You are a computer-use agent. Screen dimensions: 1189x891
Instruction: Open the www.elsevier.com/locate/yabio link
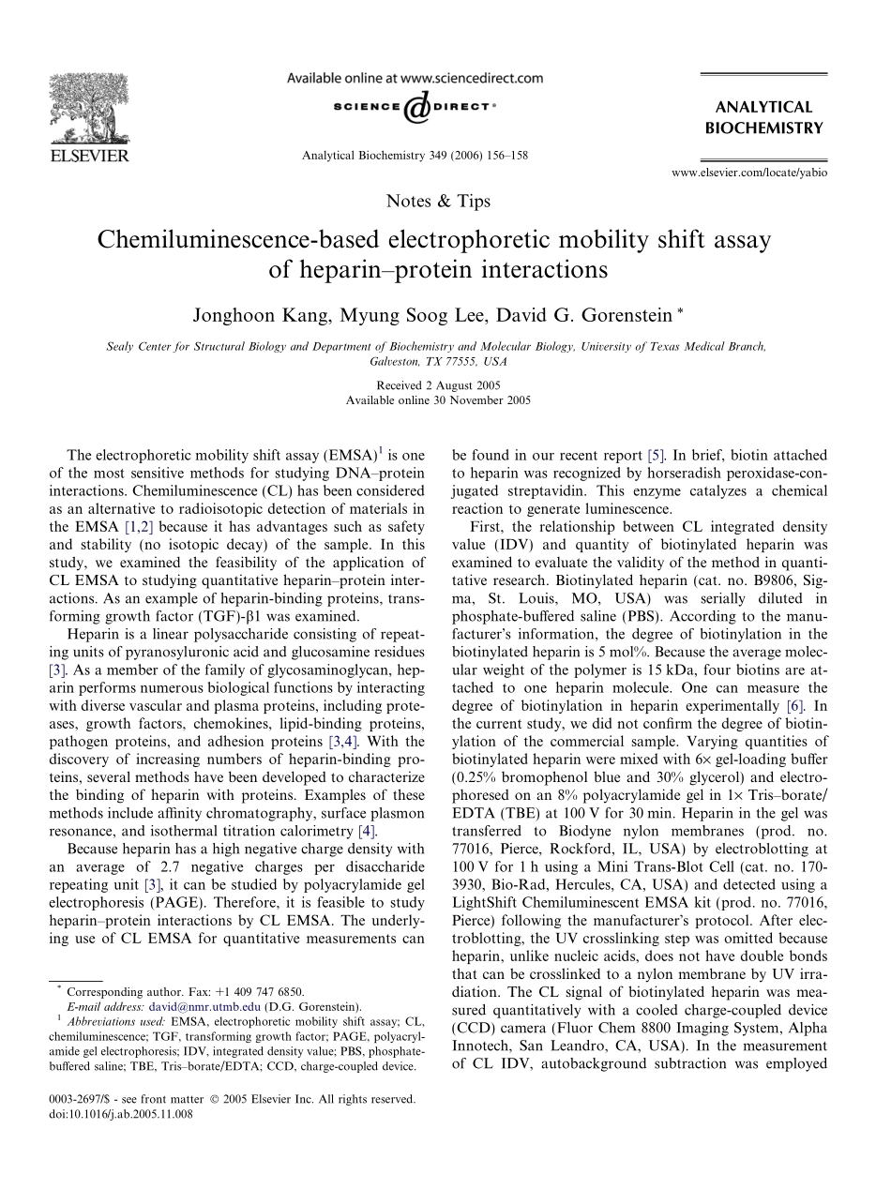[x=750, y=172]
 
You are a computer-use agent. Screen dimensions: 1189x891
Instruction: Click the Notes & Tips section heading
[x=438, y=201]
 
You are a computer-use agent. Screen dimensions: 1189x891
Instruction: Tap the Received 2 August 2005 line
[x=438, y=385]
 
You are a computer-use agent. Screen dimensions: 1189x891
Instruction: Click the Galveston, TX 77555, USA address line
[x=438, y=360]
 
